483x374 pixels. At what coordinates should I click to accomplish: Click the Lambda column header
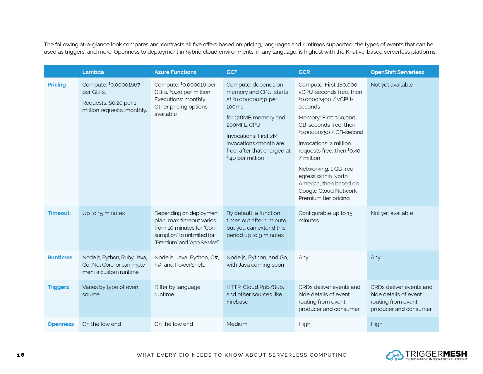coord(93,72)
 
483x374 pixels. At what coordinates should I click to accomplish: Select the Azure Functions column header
coord(175,72)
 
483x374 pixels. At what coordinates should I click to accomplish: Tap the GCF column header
coord(232,72)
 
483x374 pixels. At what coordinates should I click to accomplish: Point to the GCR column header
coord(304,72)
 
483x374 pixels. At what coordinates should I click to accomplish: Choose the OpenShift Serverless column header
coord(397,72)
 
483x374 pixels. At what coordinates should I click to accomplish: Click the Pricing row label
coord(56,85)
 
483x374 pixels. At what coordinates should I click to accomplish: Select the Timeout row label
coord(58,213)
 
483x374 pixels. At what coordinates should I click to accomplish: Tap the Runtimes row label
coord(60,258)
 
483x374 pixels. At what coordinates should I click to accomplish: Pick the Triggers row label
coord(58,287)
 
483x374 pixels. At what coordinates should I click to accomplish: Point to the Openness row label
coord(61,324)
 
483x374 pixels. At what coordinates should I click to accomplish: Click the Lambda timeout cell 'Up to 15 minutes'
coord(103,213)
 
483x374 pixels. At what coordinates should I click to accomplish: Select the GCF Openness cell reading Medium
coord(237,324)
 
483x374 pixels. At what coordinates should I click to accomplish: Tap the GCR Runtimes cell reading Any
coord(303,258)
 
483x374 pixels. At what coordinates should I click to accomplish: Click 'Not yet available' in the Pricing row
coord(392,85)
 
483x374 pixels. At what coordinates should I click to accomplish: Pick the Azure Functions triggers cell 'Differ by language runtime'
coord(177,291)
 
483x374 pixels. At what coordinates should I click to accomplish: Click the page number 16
coord(21,355)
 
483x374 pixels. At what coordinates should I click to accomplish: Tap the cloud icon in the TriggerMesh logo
coord(395,355)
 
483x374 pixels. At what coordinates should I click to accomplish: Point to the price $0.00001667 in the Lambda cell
coord(124,85)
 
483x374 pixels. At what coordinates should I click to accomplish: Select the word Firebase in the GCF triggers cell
coord(237,302)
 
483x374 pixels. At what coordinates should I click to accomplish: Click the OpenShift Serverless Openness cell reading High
coord(376,324)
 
